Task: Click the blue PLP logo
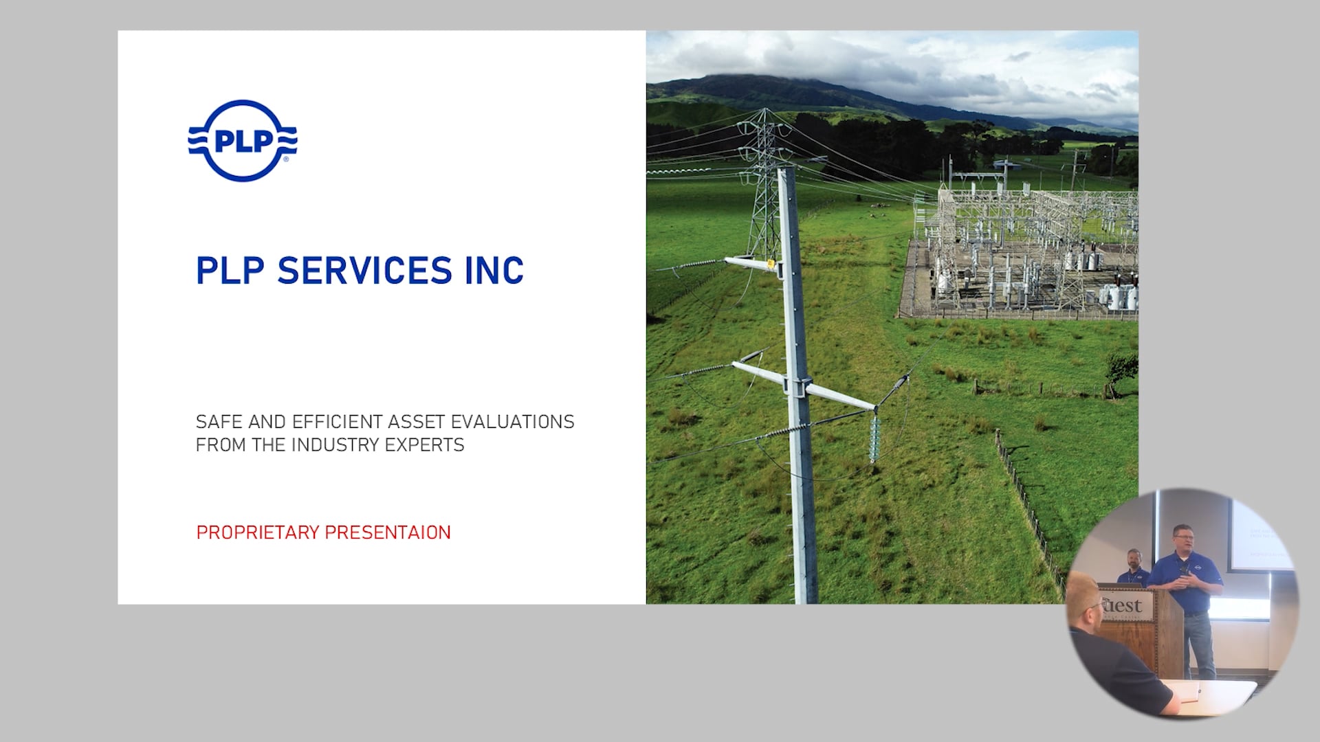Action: [243, 141]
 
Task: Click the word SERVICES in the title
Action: [364, 271]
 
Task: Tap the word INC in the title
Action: [494, 271]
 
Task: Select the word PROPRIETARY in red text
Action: [258, 532]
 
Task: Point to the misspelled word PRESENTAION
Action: [388, 532]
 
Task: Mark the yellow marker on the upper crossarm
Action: [771, 263]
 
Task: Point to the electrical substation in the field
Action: [1021, 251]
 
